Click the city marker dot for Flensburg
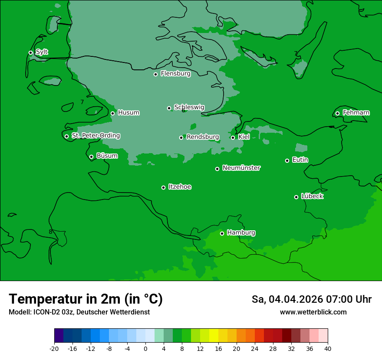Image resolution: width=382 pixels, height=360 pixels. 155,74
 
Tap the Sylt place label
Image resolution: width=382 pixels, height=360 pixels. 42,52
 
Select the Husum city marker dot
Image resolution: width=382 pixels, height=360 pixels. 112,113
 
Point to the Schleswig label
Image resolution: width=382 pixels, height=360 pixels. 189,107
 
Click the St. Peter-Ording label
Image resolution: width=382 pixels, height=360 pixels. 95,136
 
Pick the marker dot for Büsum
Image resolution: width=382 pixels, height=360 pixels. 91,157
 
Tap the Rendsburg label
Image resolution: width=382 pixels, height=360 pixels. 203,137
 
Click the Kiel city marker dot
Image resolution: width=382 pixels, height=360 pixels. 233,137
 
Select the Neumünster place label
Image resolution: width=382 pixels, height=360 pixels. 241,168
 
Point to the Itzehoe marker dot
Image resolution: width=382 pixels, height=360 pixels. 163,187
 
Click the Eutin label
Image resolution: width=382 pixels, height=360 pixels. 300,160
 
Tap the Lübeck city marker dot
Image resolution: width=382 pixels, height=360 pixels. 296,197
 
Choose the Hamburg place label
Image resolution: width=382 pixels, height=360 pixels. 241,233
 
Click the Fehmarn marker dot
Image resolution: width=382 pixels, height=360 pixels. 337,113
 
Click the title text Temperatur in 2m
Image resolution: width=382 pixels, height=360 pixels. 86,299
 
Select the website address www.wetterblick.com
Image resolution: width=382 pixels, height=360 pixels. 313,312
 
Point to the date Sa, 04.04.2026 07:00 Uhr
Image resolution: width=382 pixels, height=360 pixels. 311,299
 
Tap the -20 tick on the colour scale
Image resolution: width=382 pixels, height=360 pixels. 54,349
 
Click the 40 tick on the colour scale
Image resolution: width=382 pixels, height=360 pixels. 328,349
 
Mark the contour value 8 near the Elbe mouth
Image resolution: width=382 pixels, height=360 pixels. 50,232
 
